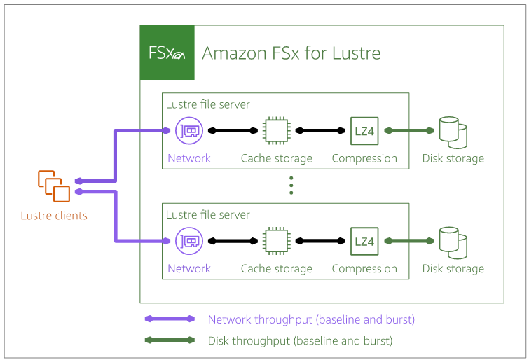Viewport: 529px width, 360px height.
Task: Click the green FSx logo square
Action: (167, 53)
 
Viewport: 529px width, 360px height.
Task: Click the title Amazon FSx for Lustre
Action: (291, 53)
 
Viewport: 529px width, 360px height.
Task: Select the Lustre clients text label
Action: (54, 216)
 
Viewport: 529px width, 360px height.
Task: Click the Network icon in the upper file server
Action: (189, 130)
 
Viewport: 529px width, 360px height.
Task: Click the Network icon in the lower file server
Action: (189, 241)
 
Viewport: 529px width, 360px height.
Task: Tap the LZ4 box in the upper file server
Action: (364, 130)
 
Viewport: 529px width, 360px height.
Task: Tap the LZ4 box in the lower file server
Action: (364, 241)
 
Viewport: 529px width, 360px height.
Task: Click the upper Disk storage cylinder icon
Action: (453, 132)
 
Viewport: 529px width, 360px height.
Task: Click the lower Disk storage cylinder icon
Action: (453, 242)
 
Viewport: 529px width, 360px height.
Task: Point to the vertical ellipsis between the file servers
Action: (291, 185)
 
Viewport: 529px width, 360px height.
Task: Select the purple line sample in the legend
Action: (169, 319)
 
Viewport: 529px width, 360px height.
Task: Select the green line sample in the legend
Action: (169, 341)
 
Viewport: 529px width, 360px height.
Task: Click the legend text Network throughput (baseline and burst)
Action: (311, 319)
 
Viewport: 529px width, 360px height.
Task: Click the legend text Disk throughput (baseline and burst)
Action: (300, 341)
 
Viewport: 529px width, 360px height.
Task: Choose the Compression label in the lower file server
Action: (364, 269)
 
